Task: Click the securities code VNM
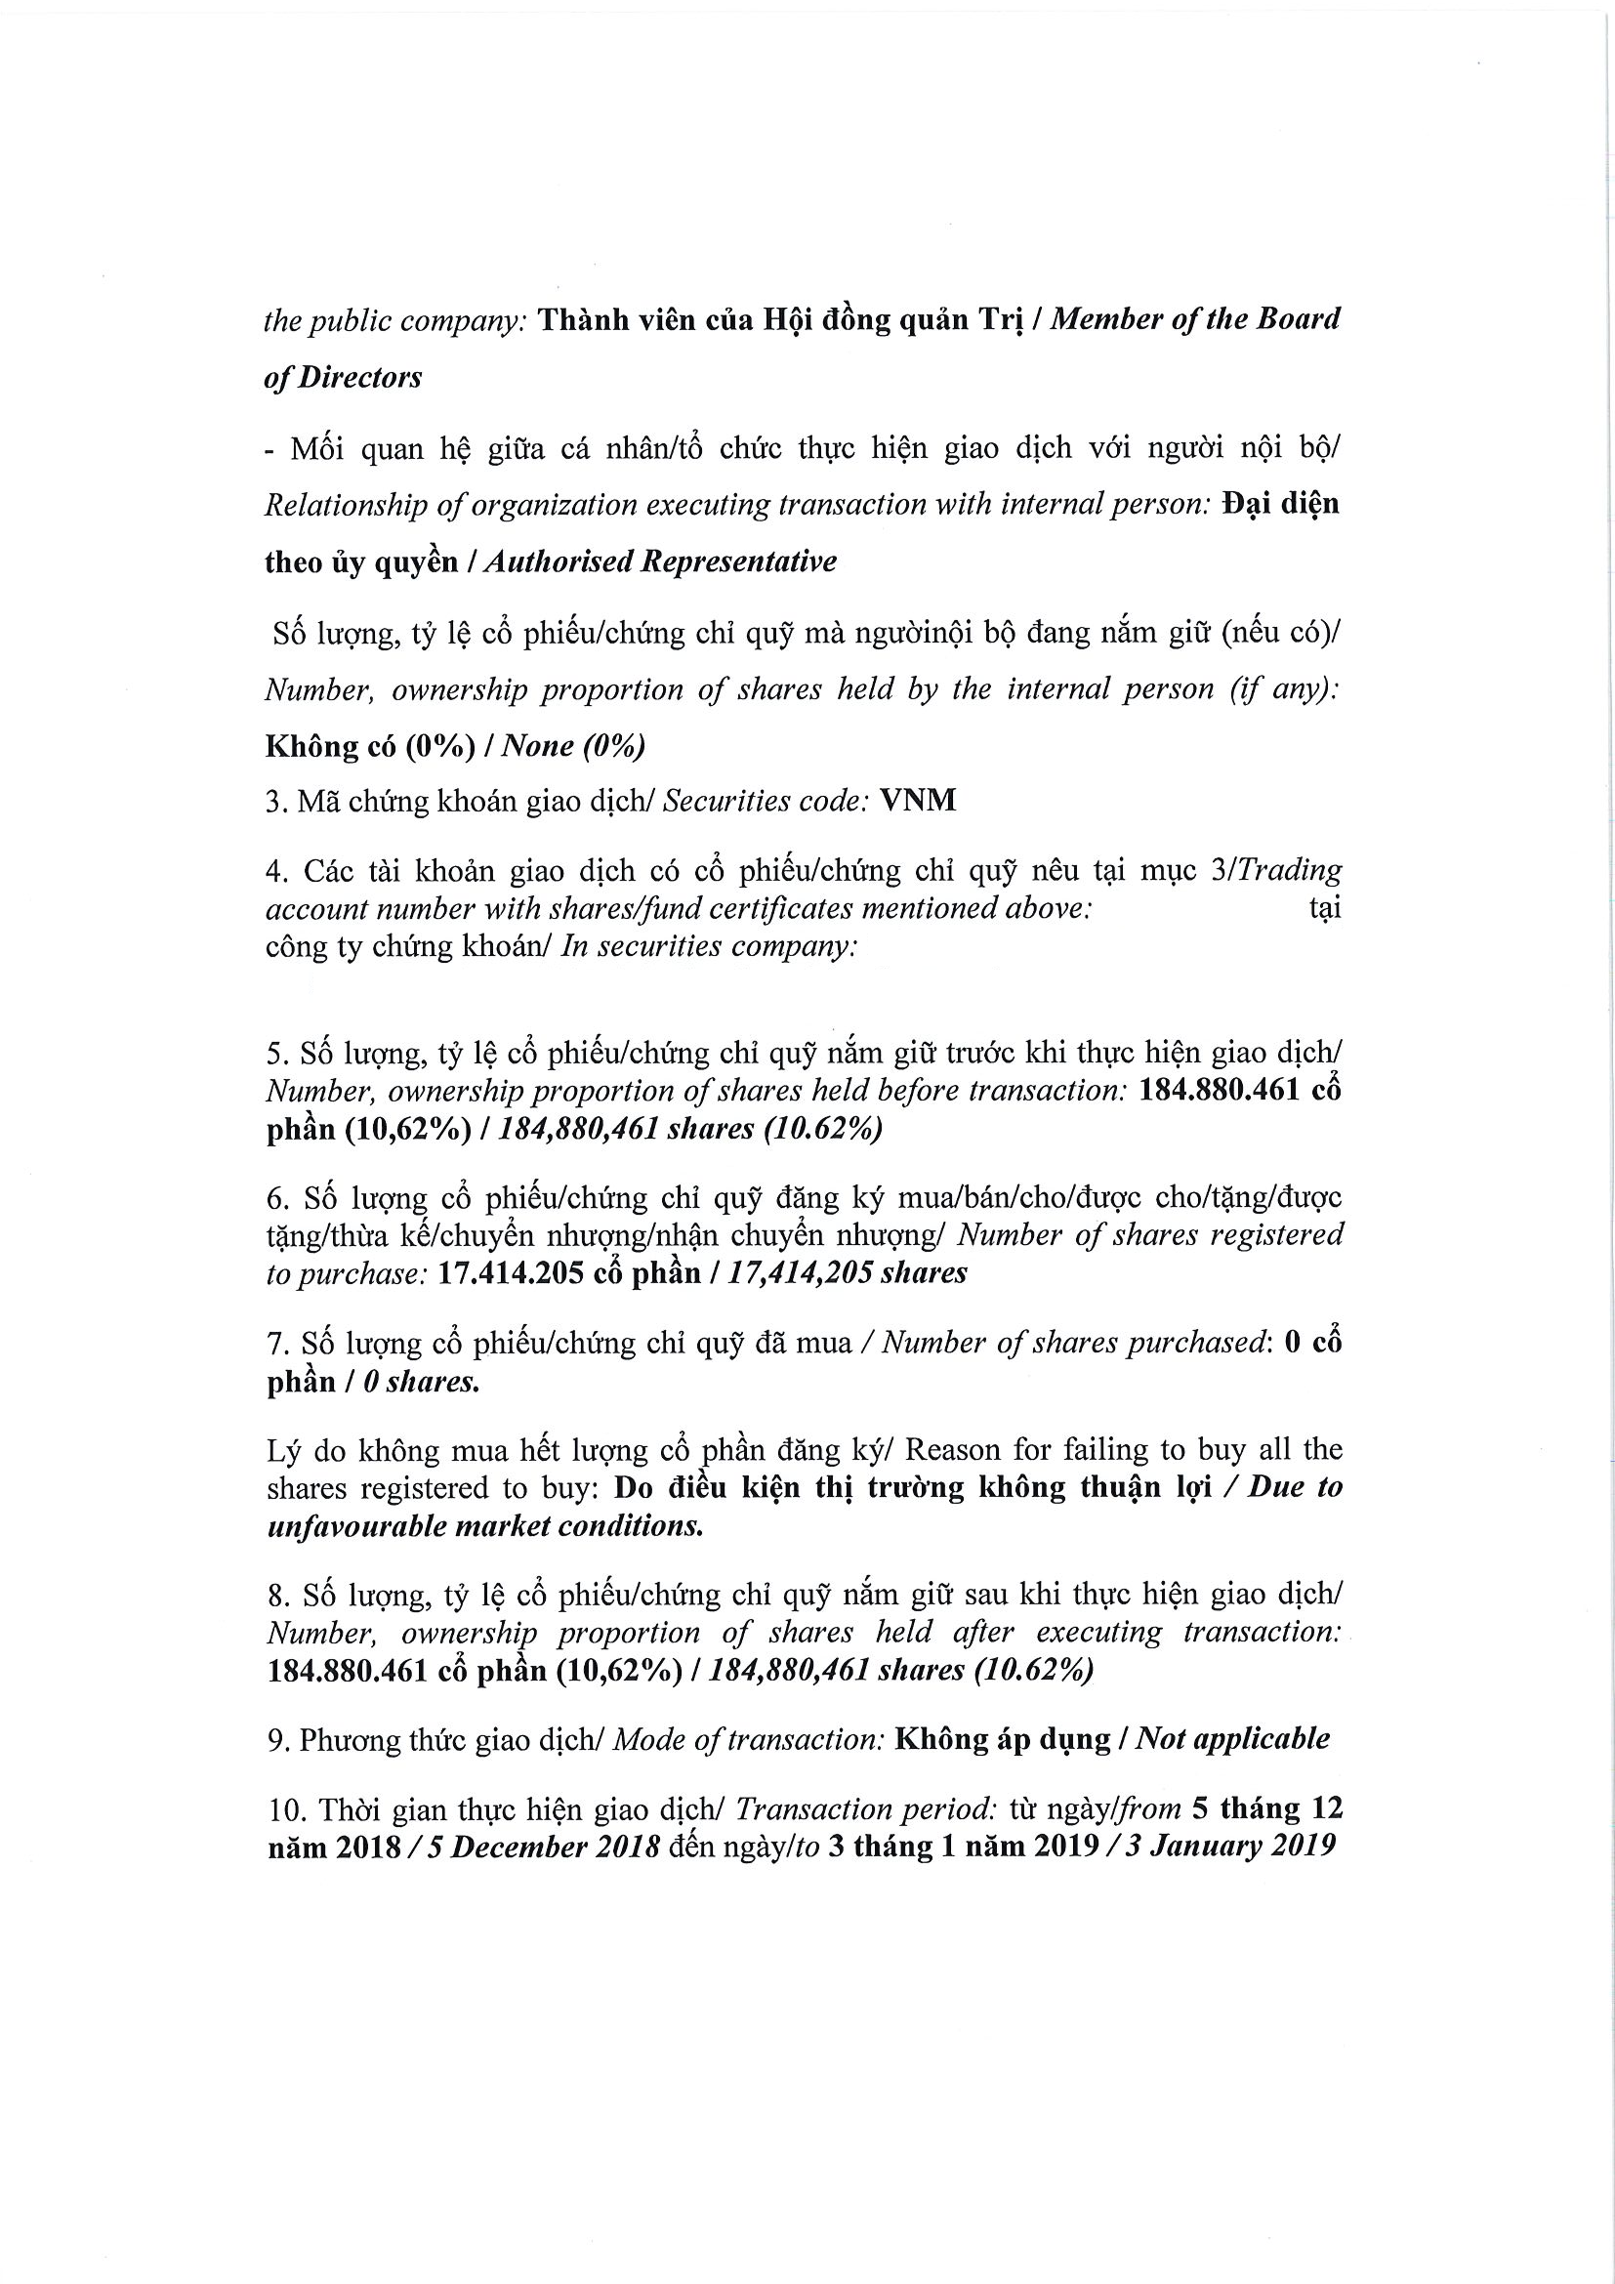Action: (x=918, y=801)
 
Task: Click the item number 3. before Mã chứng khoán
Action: (x=275, y=802)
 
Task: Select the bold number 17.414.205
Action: (x=510, y=1273)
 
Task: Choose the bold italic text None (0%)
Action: (x=573, y=746)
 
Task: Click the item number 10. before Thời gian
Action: (x=283, y=1808)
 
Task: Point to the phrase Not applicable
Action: (x=1232, y=1739)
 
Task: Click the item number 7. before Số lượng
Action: (x=277, y=1344)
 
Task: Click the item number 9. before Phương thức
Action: (x=277, y=1740)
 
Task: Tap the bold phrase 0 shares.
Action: (x=421, y=1383)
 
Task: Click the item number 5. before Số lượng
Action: (x=277, y=1054)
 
